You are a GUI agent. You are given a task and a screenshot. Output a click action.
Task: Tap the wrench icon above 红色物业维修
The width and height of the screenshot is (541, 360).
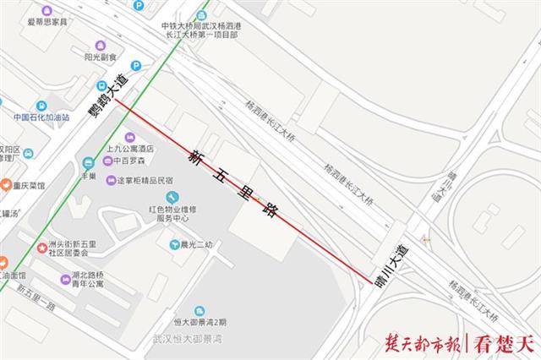pos(175,198)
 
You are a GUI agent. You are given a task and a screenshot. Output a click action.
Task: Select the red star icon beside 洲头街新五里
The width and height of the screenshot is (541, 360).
pos(41,247)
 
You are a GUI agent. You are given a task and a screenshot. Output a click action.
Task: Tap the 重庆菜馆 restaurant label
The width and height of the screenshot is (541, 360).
pos(23,184)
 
